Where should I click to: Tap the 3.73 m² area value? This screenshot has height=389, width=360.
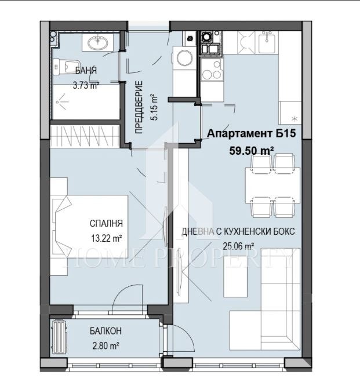click(x=86, y=85)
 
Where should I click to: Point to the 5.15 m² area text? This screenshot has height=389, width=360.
click(x=154, y=107)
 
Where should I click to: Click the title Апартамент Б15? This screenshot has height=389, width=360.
click(x=252, y=134)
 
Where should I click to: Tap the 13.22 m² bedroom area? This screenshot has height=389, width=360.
click(x=106, y=238)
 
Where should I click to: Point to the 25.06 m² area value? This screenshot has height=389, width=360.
click(x=238, y=246)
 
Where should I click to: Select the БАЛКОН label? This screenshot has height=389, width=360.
click(x=106, y=332)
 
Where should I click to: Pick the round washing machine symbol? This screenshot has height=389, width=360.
click(x=185, y=58)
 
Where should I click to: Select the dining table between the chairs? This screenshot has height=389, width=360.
click(x=273, y=186)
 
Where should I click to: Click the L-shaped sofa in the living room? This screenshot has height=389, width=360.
click(x=272, y=301)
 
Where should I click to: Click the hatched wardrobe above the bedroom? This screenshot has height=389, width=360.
click(x=87, y=135)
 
